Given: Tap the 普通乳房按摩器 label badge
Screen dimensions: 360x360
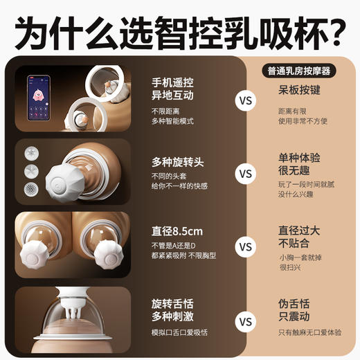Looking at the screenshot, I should tap(299, 71).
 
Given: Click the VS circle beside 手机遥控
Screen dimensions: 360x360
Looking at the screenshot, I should tap(246, 102).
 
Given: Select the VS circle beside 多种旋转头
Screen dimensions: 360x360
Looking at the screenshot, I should tap(246, 173).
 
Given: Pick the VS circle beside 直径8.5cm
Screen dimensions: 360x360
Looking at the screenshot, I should tap(246, 246).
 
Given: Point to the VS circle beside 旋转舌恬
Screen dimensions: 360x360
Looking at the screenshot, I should tap(246, 321).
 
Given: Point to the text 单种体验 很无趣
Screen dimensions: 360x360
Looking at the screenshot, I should tap(299, 165).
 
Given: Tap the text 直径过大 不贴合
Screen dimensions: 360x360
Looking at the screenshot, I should tap(299, 237).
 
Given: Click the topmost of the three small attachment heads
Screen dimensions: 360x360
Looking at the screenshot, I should tap(30, 152).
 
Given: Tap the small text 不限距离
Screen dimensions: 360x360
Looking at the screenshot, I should tap(164, 111).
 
